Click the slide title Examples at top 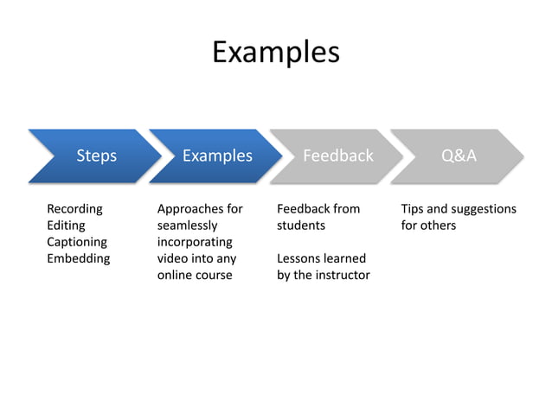point(275,52)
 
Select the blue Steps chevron point(96,156)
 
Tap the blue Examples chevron point(216,156)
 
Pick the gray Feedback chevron point(337,156)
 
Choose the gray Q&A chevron point(459,156)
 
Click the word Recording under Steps point(74,209)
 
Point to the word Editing point(66,226)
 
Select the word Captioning point(77,242)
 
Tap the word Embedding point(78,258)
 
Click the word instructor point(340,275)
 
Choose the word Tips point(413,209)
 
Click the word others point(438,226)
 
